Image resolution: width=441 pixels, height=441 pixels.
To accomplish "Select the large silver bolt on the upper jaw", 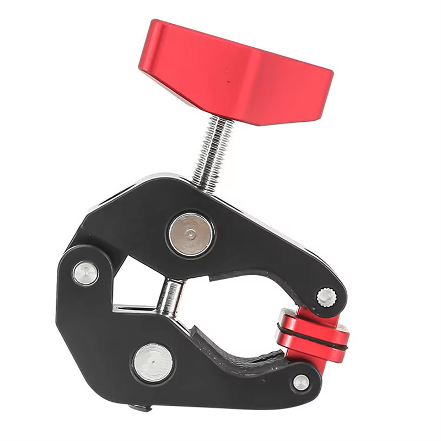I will [191, 233].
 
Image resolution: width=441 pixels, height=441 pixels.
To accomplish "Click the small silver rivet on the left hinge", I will [86, 273].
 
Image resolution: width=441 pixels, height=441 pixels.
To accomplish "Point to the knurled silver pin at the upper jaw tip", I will [326, 297].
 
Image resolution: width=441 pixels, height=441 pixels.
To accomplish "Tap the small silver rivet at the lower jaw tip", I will [301, 382].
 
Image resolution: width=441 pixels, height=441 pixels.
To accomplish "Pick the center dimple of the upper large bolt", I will [191, 233].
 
